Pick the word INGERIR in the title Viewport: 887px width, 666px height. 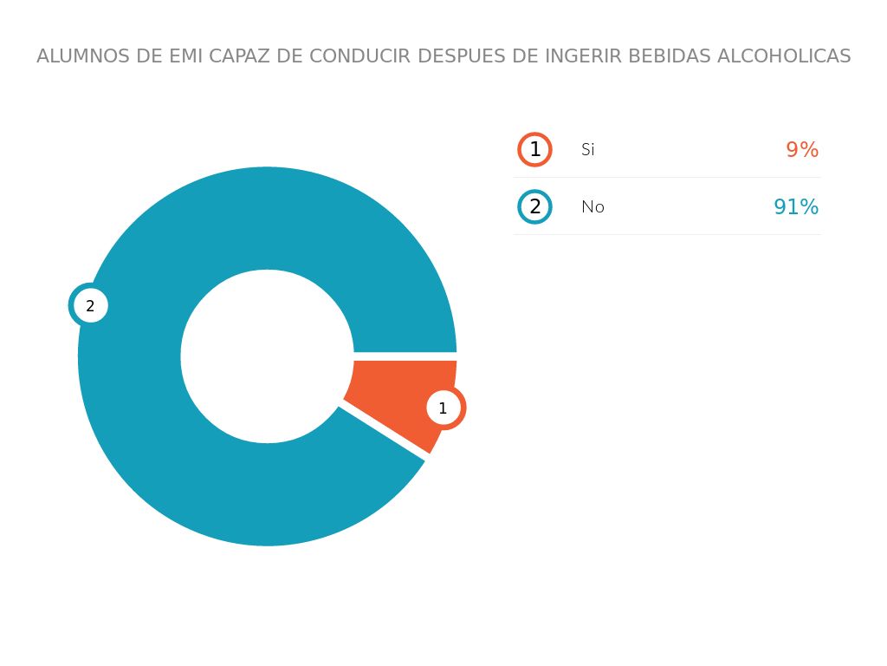point(582,56)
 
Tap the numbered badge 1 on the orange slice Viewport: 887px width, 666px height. point(443,408)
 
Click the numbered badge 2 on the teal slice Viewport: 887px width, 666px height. point(89,305)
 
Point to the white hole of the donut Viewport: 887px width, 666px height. point(267,356)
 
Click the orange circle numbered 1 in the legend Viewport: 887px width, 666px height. point(534,149)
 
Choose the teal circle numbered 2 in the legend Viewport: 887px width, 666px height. point(534,206)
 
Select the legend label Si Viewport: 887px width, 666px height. point(588,149)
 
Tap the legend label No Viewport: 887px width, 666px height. point(592,206)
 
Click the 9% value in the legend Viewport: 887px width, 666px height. point(801,149)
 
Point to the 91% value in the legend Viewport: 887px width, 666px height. point(795,206)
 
